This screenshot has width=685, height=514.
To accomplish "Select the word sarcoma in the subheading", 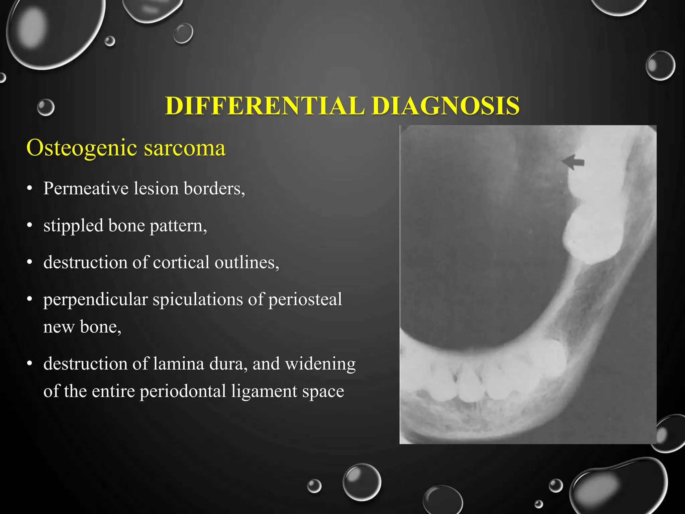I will point(185,148).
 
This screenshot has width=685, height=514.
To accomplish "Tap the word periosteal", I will point(305,299).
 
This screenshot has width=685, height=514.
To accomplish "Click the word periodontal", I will point(183,391).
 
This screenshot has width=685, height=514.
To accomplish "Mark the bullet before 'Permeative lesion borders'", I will point(30,189).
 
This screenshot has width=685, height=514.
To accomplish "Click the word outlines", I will point(247,262).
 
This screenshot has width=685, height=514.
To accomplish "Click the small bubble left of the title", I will point(45,107).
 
